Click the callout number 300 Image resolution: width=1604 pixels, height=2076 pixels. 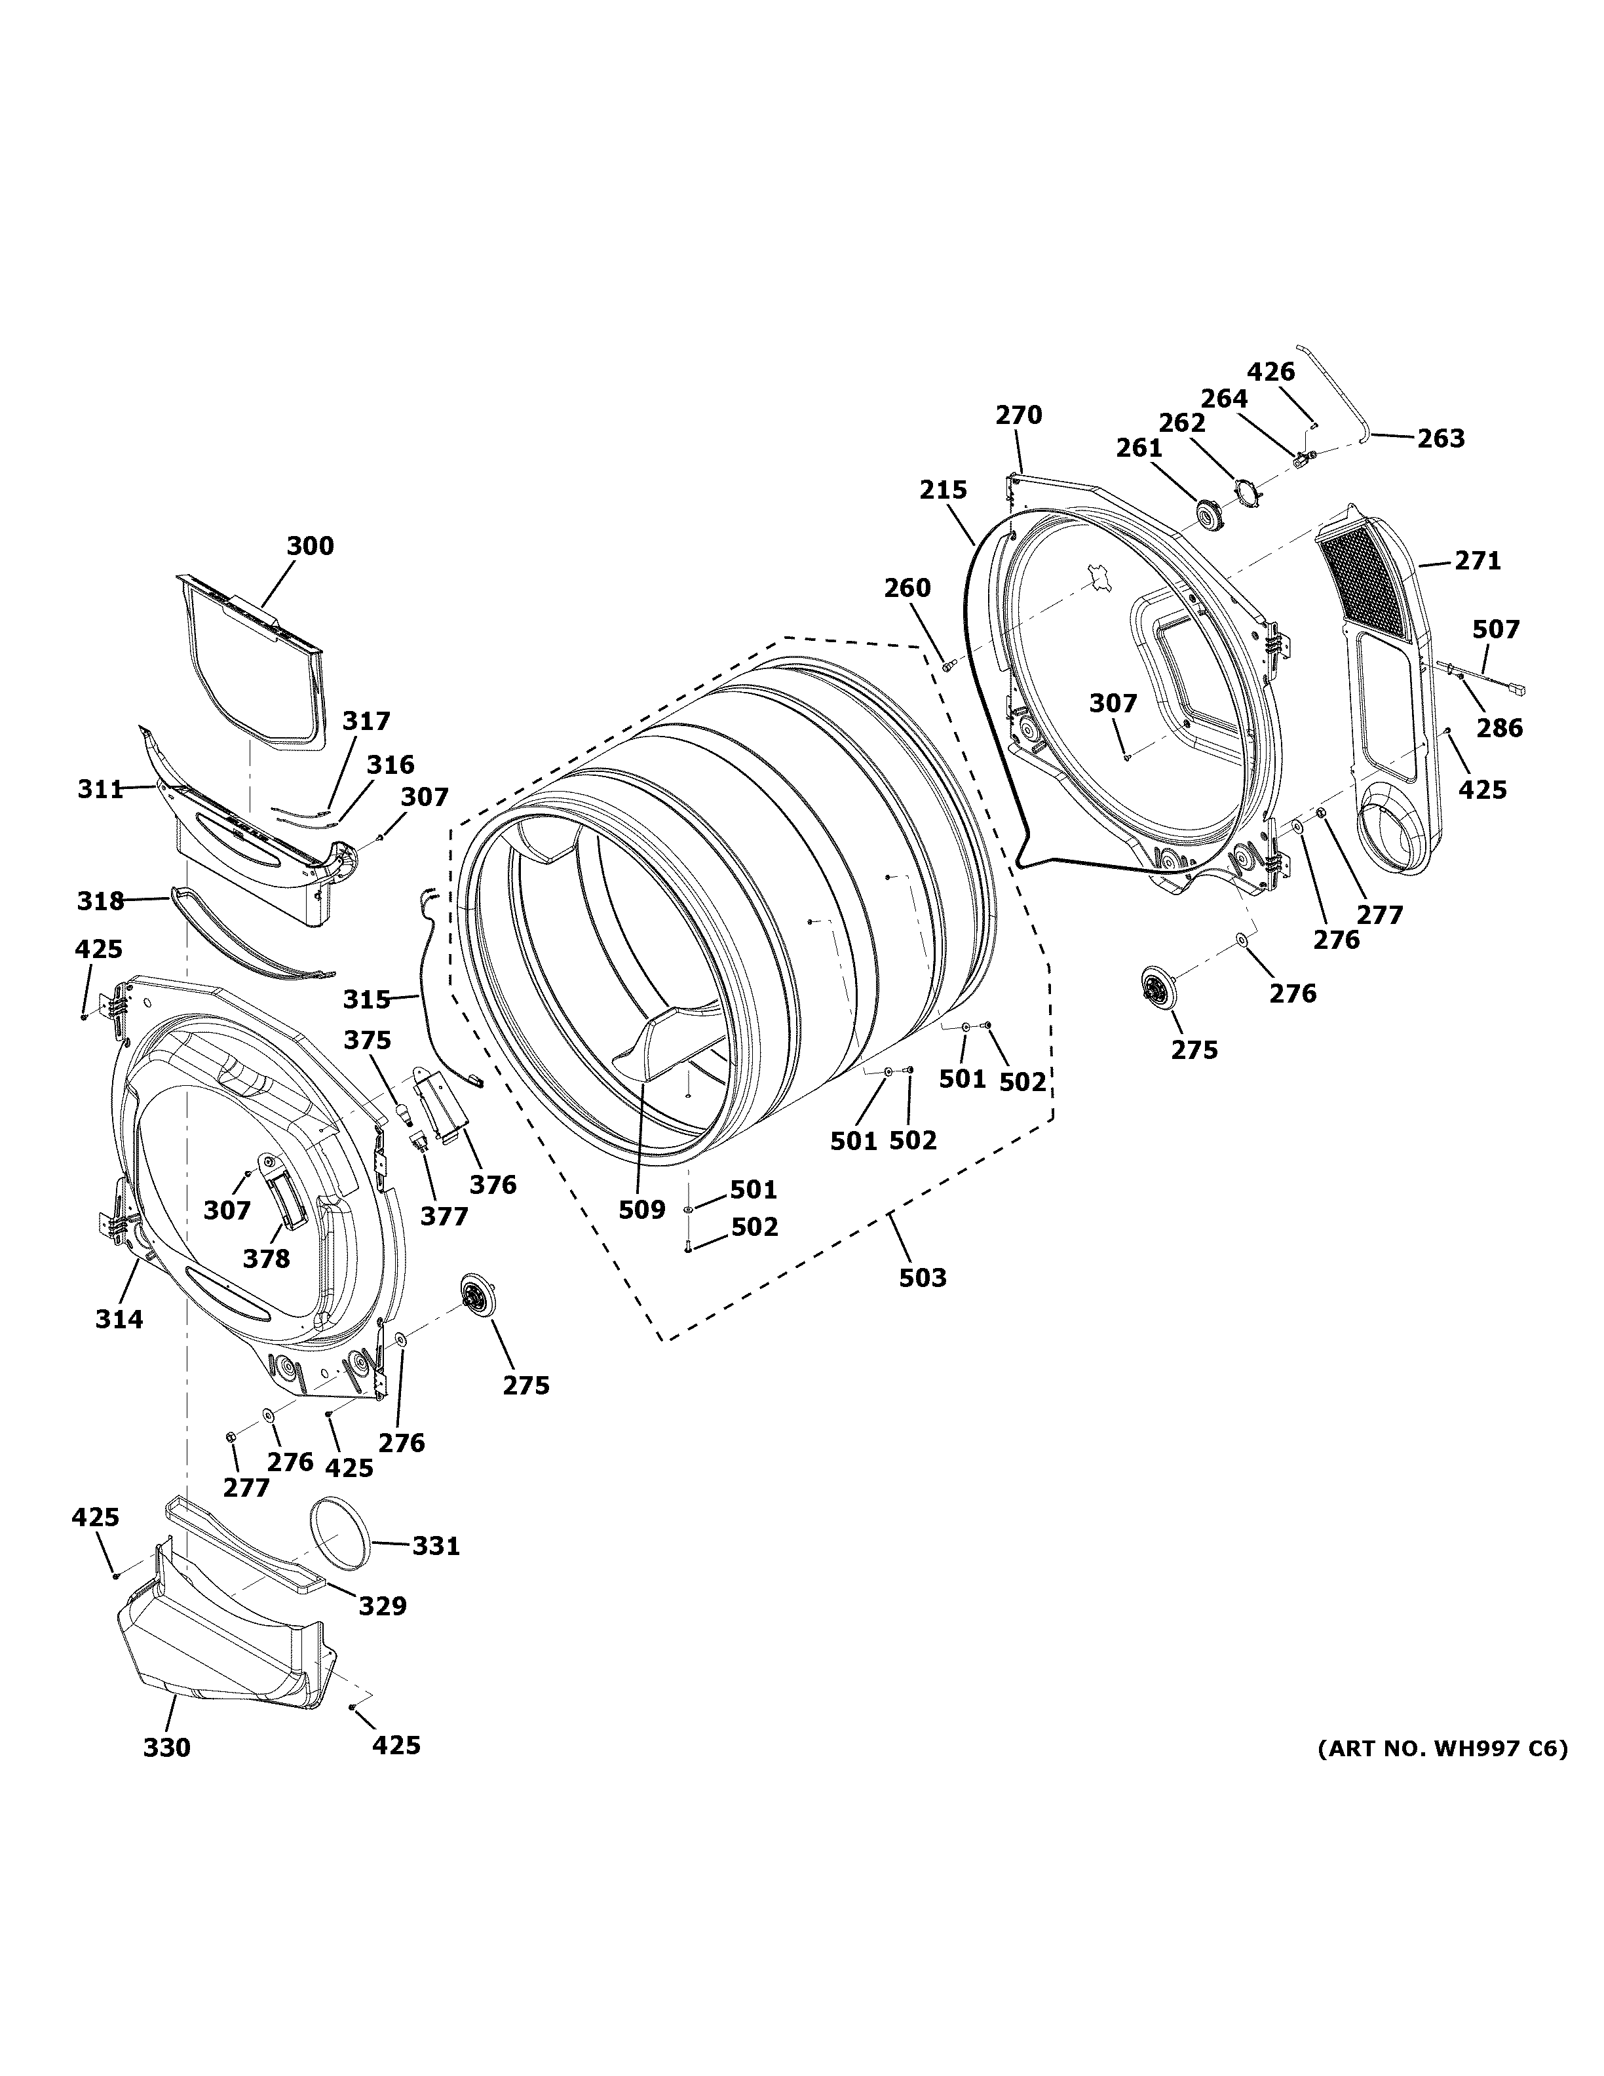[310, 547]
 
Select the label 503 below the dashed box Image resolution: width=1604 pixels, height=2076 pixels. [923, 1278]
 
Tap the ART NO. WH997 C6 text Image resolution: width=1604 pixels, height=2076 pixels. [1442, 1748]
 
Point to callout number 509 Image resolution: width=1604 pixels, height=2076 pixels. [641, 1210]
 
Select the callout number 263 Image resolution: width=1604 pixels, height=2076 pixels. [1441, 439]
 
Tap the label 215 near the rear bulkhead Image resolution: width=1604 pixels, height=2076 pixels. [943, 490]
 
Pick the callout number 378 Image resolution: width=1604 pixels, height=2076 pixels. [266, 1259]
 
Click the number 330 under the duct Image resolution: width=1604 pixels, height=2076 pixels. [166, 1748]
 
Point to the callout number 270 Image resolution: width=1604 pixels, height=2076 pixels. [1019, 415]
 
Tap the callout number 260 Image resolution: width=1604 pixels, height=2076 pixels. [907, 588]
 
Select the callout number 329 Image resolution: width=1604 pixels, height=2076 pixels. [382, 1605]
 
